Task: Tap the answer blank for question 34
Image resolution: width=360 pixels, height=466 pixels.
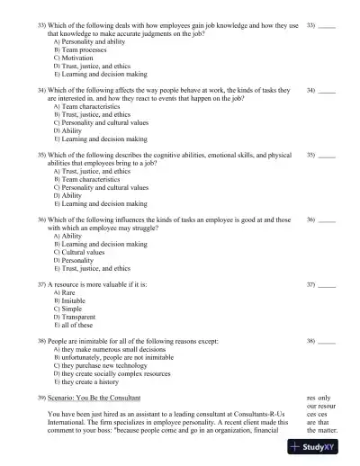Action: (328, 91)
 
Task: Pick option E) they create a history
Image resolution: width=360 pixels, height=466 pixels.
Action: (94, 381)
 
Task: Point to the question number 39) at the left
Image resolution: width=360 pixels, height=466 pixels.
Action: (41, 397)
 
